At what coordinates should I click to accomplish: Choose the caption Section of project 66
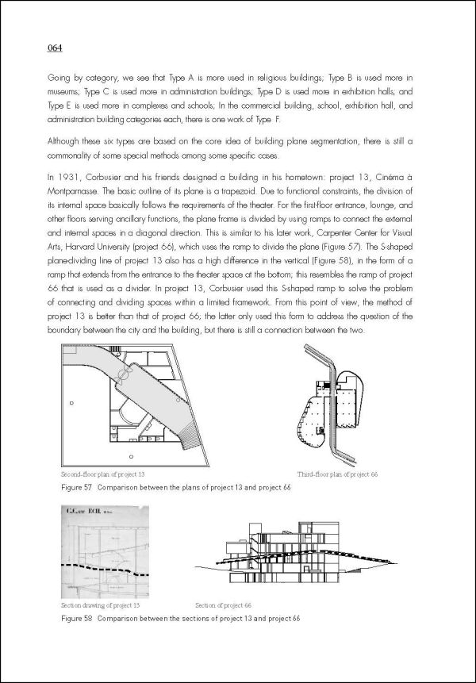pyautogui.click(x=223, y=604)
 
